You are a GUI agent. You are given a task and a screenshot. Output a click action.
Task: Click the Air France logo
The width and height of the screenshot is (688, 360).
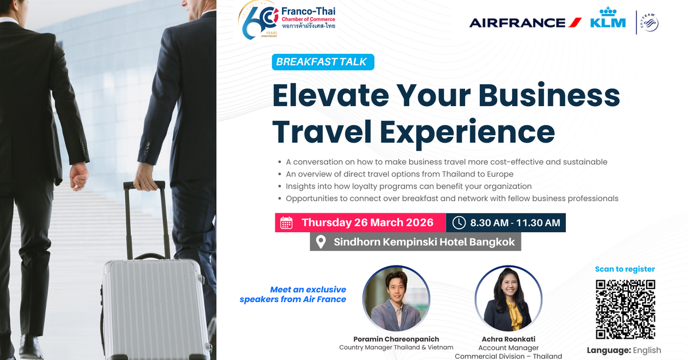(525, 23)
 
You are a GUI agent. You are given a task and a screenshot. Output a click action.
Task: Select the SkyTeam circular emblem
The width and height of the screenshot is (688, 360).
(650, 23)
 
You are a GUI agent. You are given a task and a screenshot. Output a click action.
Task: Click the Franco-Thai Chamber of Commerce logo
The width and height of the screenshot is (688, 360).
(287, 20)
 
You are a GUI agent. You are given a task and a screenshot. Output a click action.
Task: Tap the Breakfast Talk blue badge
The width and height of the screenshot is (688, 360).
(323, 62)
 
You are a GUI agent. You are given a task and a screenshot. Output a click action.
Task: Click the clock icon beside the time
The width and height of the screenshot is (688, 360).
(459, 222)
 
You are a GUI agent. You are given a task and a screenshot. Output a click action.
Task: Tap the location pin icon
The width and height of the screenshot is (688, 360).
(321, 241)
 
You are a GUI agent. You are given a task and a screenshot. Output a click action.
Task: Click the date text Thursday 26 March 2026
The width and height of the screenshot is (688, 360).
(368, 222)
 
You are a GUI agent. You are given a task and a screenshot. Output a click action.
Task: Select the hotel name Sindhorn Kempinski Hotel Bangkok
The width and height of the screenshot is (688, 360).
(424, 242)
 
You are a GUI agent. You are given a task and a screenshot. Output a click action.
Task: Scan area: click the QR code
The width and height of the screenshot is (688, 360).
(625, 309)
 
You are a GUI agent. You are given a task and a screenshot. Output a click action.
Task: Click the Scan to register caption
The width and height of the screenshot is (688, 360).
(624, 269)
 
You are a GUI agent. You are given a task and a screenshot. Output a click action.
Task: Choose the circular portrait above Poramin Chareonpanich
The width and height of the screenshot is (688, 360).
(396, 299)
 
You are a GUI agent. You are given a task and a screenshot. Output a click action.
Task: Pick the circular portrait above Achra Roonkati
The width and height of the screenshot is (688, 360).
(509, 299)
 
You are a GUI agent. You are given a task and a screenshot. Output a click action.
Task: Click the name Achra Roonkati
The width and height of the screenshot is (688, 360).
(509, 339)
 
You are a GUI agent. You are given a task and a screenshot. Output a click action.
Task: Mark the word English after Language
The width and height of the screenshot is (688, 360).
(647, 350)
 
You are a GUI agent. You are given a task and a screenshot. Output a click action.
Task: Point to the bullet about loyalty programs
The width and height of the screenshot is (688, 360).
(409, 186)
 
